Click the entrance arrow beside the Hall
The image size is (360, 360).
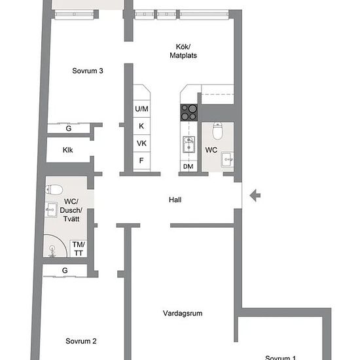click(255, 196)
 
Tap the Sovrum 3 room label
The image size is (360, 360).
click(88, 71)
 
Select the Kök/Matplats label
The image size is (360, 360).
click(183, 51)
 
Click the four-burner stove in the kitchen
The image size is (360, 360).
click(189, 113)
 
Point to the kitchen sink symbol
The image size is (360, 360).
click(189, 144)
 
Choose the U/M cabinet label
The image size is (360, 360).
click(141, 109)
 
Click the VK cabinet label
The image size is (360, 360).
click(141, 143)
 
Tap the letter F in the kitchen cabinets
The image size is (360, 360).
click(141, 160)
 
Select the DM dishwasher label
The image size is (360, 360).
click(189, 166)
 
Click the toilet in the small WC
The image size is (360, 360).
click(217, 131)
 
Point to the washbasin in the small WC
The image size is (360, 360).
click(227, 159)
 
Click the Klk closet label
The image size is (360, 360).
click(67, 150)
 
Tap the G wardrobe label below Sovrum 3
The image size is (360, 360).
click(69, 128)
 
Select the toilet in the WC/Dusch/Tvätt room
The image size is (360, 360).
click(54, 190)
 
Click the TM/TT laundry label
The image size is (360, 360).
click(79, 249)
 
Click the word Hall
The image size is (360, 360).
click(175, 200)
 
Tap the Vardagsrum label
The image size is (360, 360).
click(183, 314)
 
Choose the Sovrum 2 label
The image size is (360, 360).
click(81, 341)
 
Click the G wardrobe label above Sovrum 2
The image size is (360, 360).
click(65, 270)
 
